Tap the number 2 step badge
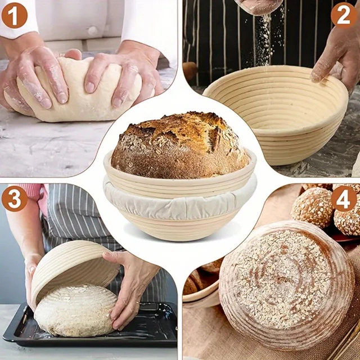tap(344, 14)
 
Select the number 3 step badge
tap(15, 199)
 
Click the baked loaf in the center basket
tap(179, 145)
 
